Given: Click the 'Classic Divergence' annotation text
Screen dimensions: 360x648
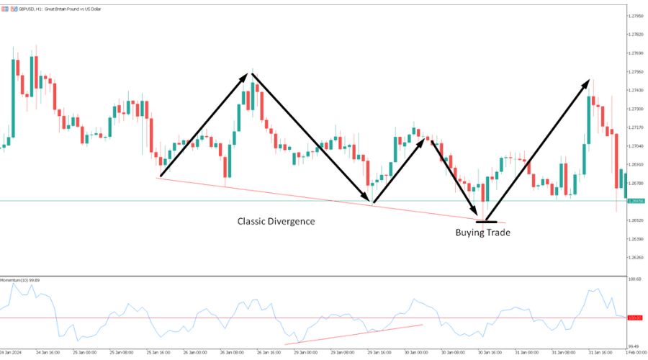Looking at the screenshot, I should [x=276, y=221].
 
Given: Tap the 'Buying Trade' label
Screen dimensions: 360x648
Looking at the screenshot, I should [x=482, y=233].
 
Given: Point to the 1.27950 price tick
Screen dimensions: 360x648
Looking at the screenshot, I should [x=636, y=16].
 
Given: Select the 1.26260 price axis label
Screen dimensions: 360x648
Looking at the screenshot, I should [x=636, y=257].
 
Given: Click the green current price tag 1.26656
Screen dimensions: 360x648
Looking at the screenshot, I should [x=636, y=202].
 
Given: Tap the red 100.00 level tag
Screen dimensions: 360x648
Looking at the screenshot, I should [x=636, y=318].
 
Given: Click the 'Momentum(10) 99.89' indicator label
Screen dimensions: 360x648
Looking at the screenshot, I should [x=20, y=279].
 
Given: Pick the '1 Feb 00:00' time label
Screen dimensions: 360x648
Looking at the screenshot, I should [x=636, y=353].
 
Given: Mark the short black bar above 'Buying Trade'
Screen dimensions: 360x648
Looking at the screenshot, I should [x=486, y=221].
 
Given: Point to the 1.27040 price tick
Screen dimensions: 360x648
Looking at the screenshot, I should [x=636, y=146].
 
